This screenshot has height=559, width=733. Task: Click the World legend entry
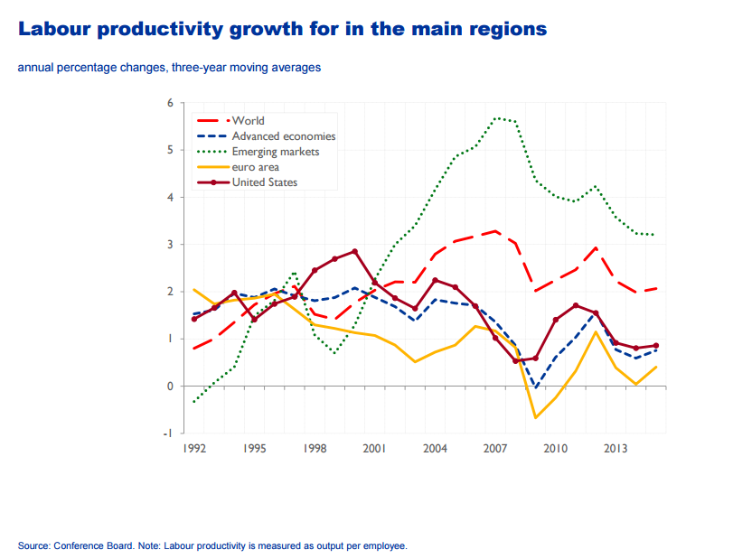tap(248, 120)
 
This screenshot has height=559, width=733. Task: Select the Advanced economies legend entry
tap(283, 136)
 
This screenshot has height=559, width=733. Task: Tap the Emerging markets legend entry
tap(275, 152)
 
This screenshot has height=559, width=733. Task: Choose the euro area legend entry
tap(255, 167)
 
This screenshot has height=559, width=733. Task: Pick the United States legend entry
tap(264, 182)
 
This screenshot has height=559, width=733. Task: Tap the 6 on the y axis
tap(170, 103)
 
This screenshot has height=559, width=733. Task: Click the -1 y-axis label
tap(168, 433)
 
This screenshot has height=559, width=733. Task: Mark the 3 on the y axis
tap(170, 245)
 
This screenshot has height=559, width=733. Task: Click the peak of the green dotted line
tap(496, 117)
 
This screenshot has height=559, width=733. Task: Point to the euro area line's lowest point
tap(535, 417)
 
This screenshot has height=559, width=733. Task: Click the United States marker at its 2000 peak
tap(354, 251)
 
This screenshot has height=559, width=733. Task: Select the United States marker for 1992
tap(194, 319)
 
